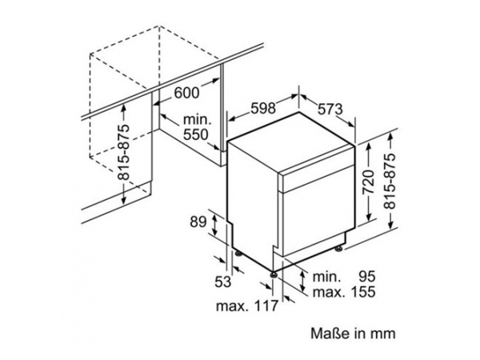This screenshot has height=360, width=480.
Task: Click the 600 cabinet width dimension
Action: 186,93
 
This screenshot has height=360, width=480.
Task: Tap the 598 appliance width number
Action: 263,108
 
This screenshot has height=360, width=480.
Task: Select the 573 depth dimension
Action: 330,109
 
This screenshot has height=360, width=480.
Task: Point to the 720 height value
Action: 368,182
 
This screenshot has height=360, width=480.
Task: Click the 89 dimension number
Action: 198,222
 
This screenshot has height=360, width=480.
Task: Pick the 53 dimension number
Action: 223,282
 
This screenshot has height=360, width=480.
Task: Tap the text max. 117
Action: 247,306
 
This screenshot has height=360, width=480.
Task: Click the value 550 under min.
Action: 196,134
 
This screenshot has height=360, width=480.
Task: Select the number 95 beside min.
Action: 366,277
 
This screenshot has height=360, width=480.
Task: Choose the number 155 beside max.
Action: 363,291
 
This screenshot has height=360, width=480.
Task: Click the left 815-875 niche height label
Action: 124,152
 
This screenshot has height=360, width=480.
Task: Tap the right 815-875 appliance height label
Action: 390,181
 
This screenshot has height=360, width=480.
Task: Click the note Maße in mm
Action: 353,334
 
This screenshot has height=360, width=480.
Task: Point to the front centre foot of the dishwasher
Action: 274,274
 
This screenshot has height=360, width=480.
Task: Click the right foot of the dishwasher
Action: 339,249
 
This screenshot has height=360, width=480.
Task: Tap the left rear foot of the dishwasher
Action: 238,253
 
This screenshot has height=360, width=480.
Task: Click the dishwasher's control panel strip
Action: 318,178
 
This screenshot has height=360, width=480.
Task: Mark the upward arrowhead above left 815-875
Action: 124,108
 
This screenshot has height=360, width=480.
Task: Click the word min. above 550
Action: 198,120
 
